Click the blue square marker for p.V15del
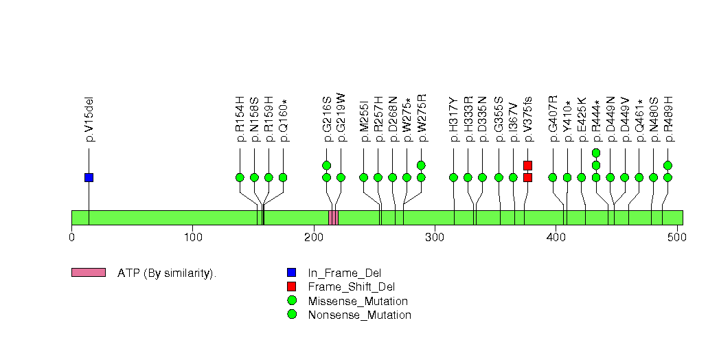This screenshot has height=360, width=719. [89, 177]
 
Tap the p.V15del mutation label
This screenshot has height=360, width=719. [89, 119]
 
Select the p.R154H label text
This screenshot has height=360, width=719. [240, 119]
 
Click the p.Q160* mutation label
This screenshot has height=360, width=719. [283, 119]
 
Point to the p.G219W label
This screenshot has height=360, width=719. [341, 119]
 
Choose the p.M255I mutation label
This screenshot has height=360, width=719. [364, 120]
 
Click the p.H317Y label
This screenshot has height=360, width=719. [454, 120]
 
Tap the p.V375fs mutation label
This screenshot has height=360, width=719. [527, 119]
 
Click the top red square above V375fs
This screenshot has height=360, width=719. [527, 165]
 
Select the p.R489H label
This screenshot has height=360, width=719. [668, 119]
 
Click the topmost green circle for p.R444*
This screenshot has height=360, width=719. [596, 153]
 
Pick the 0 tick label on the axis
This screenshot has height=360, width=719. [71, 238]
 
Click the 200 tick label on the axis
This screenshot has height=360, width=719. [313, 238]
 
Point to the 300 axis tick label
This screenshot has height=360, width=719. [435, 238]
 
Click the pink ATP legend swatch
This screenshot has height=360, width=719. [88, 273]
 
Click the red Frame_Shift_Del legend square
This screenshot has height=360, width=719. [292, 286]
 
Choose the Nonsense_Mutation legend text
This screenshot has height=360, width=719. [359, 315]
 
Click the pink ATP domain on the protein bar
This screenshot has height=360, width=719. [333, 218]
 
